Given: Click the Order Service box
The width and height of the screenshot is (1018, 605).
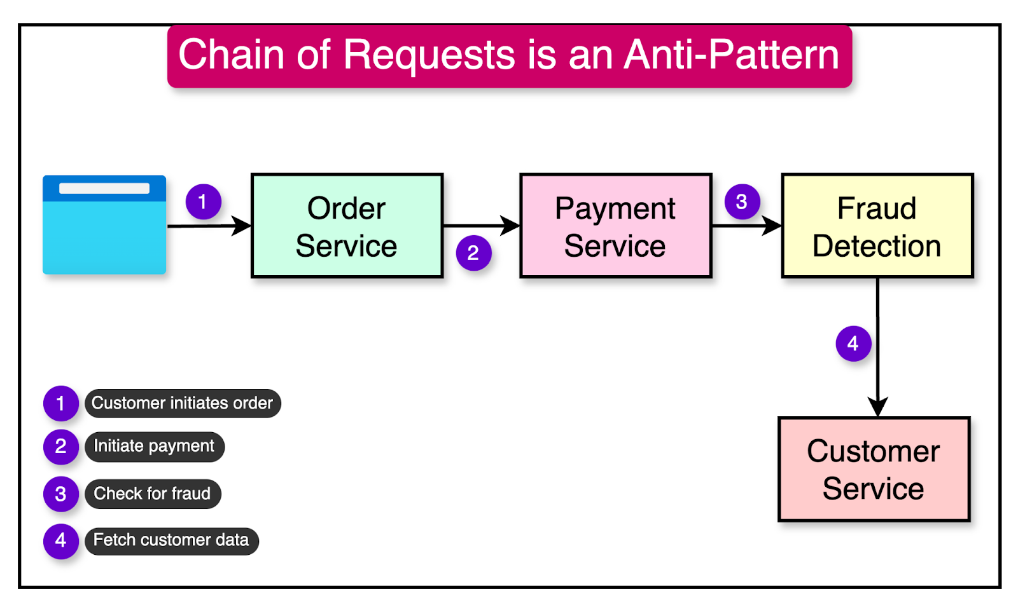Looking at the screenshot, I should tap(347, 226).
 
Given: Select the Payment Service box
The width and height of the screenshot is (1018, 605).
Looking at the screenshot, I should tap(615, 226).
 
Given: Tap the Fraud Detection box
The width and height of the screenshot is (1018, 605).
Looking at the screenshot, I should tap(877, 226).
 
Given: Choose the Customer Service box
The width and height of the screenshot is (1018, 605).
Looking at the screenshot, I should tap(874, 470).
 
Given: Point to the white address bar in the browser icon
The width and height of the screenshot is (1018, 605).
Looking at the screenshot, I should tap(104, 189).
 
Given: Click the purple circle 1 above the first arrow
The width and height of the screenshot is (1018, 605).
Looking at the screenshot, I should tap(203, 202).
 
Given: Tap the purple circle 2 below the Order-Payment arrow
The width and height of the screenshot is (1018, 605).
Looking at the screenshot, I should tap(473, 253).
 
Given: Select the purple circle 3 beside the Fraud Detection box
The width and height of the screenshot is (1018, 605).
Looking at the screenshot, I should tap(742, 202).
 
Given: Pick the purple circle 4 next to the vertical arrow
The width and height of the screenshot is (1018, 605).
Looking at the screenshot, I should tap(853, 344).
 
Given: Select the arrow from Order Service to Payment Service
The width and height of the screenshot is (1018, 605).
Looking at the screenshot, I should tap(481, 226).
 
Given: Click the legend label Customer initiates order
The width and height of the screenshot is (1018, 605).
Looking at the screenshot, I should tap(183, 404).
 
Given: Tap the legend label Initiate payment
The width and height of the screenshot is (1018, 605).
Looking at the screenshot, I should tap(154, 447).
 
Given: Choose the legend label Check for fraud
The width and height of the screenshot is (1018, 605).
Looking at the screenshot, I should tap(152, 494).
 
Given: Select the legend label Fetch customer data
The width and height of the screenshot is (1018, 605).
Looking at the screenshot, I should tap(171, 541).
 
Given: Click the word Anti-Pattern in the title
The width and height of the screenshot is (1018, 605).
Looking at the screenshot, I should tap(732, 55).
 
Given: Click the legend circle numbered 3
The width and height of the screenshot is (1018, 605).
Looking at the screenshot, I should tap(60, 494).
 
